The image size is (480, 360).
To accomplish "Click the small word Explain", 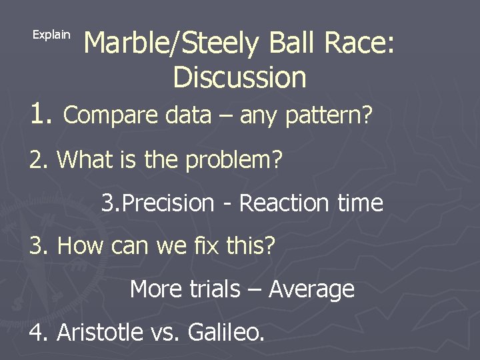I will (51, 35).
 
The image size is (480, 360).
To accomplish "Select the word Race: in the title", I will (360, 45).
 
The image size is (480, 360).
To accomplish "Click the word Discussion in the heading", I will (239, 77).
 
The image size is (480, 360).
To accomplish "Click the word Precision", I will (169, 203).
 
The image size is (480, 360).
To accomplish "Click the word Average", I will (311, 289).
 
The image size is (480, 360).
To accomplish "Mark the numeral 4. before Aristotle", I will (41, 331).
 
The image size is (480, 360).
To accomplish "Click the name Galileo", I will (223, 331).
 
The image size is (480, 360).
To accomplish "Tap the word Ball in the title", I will (293, 45).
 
